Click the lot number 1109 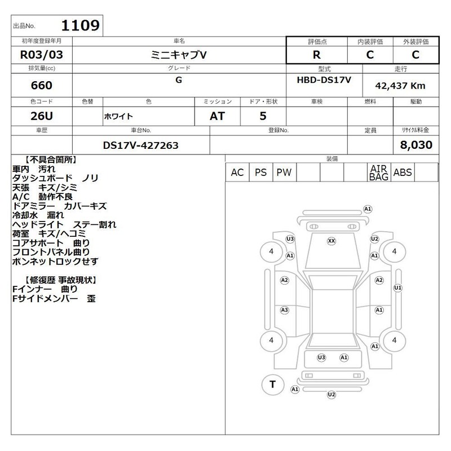81,25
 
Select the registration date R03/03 41,55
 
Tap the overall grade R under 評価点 317,55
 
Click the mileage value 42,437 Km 400,86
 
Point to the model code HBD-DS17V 324,79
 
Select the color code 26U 42,116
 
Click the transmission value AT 217,116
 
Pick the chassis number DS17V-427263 140,145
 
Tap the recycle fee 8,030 416,145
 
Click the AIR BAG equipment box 379,173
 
